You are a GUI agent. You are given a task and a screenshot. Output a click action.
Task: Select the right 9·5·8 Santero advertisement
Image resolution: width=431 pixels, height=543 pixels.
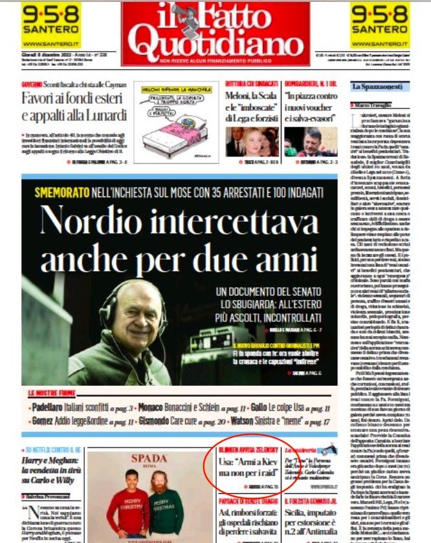pyautogui.click(x=380, y=24)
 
